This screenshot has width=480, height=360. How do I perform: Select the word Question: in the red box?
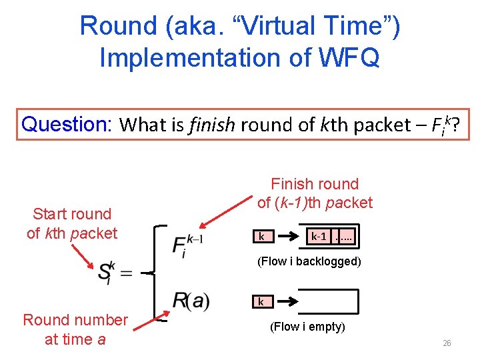point(67,124)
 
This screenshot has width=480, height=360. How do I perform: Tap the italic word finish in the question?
point(212,125)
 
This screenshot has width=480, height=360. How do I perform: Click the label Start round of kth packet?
point(72,223)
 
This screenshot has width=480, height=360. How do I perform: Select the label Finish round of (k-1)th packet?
point(315,193)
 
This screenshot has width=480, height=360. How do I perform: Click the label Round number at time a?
point(75,329)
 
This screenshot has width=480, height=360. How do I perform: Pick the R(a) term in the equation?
point(191,301)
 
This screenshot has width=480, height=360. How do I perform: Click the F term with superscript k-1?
point(187,245)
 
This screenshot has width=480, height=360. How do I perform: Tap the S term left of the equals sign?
point(107,273)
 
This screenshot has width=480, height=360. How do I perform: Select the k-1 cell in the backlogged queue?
point(319,237)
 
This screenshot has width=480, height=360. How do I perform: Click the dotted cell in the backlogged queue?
point(345,237)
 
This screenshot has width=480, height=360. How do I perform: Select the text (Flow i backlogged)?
point(309,261)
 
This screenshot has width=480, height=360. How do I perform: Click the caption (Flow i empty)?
point(307,327)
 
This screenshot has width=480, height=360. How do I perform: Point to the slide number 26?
point(447,343)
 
